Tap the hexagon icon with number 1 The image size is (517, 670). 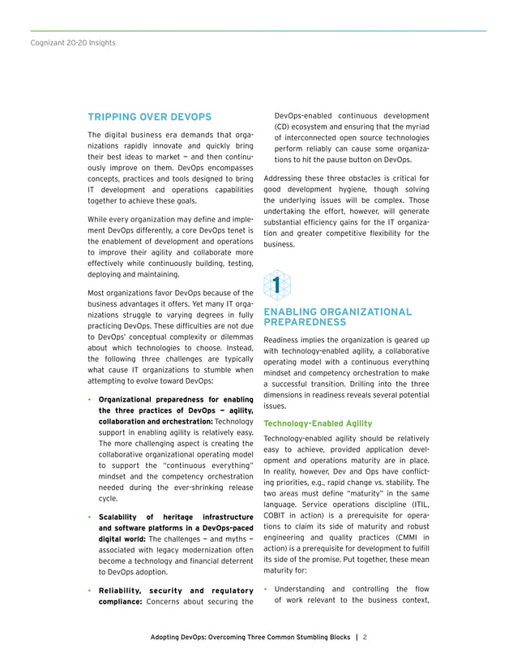277,286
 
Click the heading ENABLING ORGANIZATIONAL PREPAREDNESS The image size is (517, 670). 337,316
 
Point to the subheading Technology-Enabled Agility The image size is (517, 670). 318,423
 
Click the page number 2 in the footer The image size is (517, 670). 365,638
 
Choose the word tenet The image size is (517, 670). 242,232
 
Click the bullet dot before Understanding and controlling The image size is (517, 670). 267,590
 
